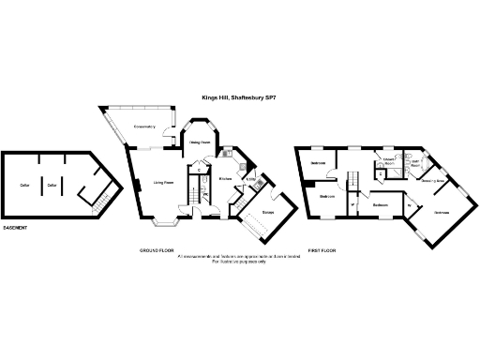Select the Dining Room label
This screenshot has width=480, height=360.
tap(199, 142)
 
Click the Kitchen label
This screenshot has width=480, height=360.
tap(225, 177)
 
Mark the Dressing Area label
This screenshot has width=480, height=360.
tap(432, 180)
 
